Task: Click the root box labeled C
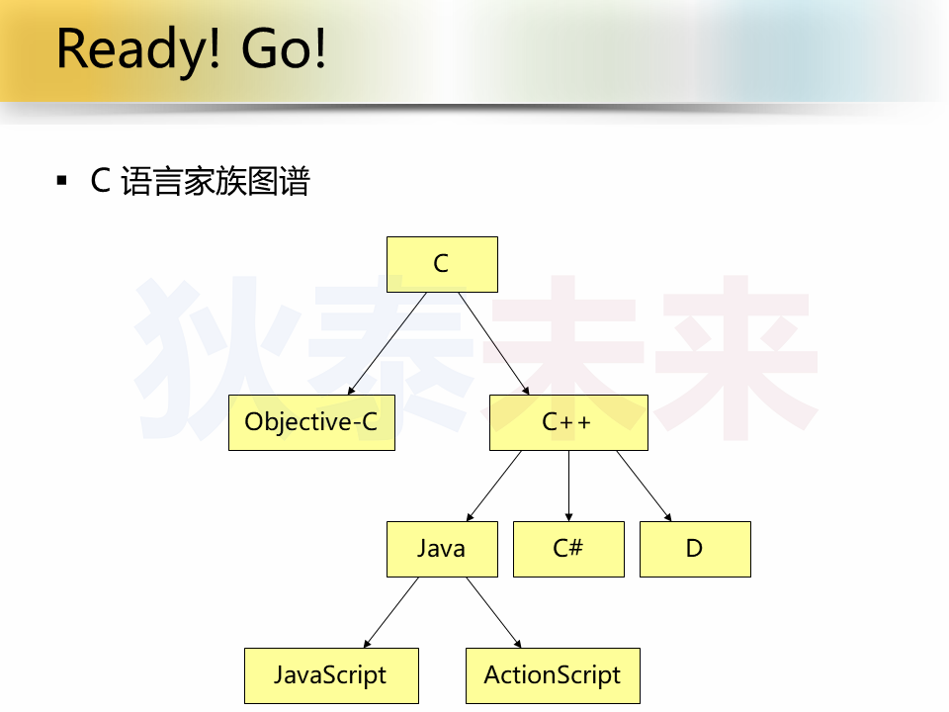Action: [443, 265]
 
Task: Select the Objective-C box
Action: [311, 422]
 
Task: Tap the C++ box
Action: [569, 422]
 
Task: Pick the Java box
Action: [443, 549]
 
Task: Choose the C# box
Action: [569, 549]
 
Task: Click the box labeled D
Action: [695, 549]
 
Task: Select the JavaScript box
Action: [332, 675]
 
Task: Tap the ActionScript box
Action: [554, 675]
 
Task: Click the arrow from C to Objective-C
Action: [388, 343]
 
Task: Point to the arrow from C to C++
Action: [494, 343]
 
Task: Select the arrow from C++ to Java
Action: [494, 486]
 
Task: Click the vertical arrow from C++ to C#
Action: [569, 486]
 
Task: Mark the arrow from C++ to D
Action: [644, 486]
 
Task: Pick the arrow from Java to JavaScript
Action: [391, 612]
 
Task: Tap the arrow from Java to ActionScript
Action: [494, 612]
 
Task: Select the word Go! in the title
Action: [284, 48]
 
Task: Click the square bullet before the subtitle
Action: [61, 180]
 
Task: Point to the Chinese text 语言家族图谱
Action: [216, 181]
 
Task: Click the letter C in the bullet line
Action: [101, 180]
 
